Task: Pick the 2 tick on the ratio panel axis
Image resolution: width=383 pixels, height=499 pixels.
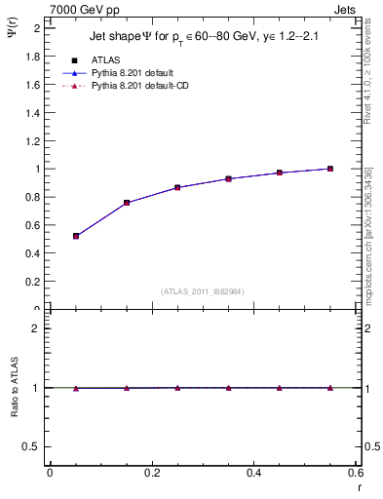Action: (35, 328)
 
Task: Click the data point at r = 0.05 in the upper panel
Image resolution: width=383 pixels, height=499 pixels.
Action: (75, 236)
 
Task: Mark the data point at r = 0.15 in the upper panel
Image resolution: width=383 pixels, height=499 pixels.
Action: (127, 203)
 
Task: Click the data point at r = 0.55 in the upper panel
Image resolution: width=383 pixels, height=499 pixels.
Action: (330, 169)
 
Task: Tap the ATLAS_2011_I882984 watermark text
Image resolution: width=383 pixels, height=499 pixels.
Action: (202, 291)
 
